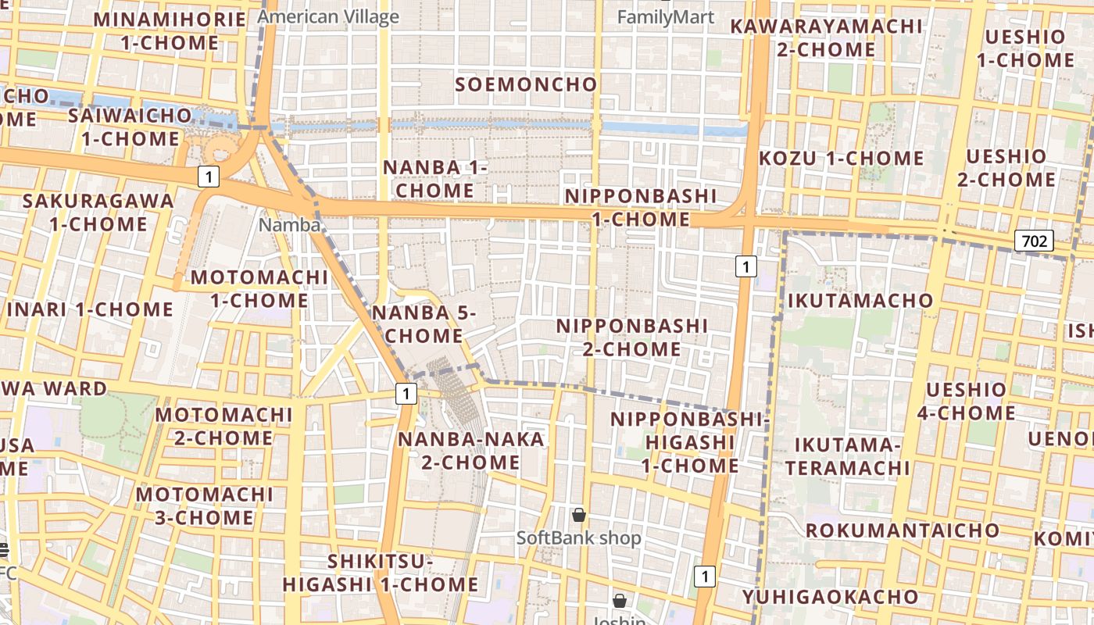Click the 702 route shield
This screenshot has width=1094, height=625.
(x=1034, y=241)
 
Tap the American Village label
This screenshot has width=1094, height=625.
(x=328, y=16)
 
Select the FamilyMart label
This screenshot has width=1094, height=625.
(x=666, y=16)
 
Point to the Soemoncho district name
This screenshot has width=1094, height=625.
(x=526, y=84)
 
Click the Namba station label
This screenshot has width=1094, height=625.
(x=290, y=225)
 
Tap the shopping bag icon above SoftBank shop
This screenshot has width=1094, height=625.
(x=579, y=515)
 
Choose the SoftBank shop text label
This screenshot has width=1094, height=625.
(x=578, y=537)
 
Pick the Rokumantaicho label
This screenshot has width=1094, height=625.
(x=903, y=530)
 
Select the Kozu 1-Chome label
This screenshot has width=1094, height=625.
(x=842, y=159)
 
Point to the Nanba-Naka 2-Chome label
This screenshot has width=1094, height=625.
(x=471, y=451)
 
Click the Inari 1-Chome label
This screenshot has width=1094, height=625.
(x=90, y=309)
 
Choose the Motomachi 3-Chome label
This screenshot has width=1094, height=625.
(x=205, y=505)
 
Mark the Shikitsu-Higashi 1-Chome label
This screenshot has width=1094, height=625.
(x=381, y=573)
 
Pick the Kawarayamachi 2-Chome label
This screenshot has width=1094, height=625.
(x=826, y=37)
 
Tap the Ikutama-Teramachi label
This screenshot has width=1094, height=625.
(x=848, y=456)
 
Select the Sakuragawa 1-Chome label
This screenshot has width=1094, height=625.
(x=98, y=212)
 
